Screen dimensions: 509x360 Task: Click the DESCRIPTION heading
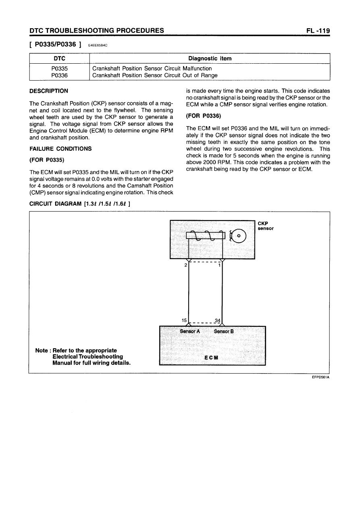tap(49, 91)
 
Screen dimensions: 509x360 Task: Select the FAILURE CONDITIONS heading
tap(61, 149)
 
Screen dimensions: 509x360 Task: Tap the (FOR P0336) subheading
tap(203, 116)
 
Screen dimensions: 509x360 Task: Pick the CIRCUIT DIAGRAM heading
tap(79, 204)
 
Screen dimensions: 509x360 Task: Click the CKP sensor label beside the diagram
tap(266, 226)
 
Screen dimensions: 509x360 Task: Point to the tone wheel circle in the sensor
tap(238, 236)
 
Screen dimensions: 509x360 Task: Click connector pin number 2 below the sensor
tap(185, 266)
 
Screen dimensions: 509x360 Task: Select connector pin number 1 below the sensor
tap(219, 266)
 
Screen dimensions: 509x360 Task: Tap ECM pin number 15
tap(185, 320)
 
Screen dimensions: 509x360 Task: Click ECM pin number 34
tap(218, 320)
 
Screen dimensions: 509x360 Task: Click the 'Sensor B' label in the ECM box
tap(224, 331)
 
